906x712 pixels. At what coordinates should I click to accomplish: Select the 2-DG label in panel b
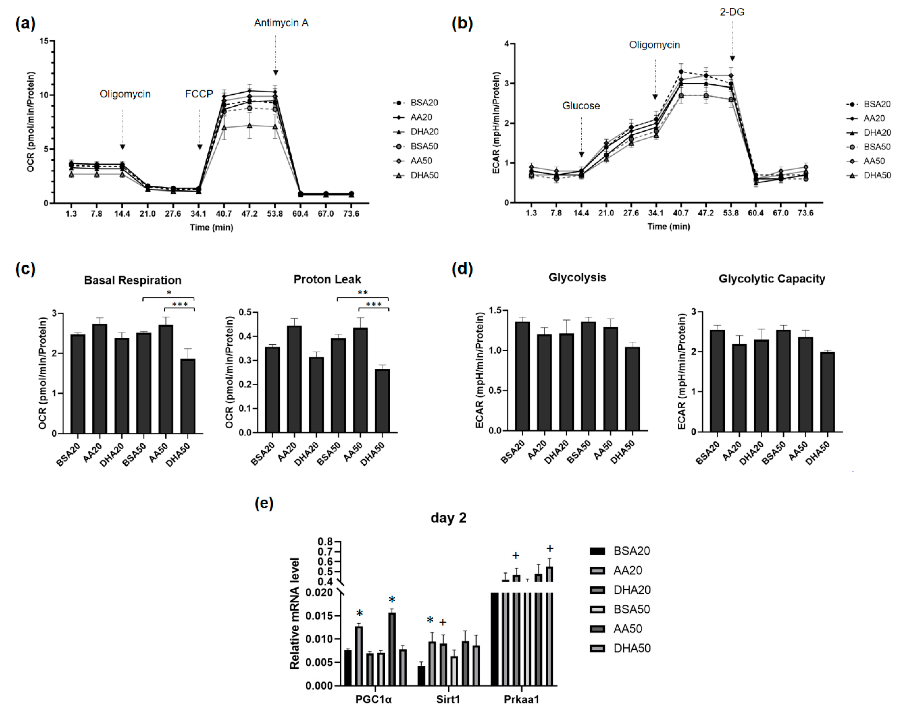pos(732,12)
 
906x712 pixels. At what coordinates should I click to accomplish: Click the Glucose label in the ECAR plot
pos(581,106)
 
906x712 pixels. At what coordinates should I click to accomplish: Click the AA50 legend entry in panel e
pos(627,629)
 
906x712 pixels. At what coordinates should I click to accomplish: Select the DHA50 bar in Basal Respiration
pos(188,396)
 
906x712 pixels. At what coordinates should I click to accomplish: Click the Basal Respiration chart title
pos(132,280)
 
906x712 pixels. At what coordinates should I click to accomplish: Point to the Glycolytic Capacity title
pos(772,279)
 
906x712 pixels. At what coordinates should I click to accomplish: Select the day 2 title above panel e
pos(448,518)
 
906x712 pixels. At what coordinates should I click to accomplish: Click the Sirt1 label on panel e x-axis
pos(448,699)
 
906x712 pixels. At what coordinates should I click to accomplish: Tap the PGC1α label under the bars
pos(373,699)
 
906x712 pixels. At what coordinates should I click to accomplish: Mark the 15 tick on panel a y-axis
pos(44,41)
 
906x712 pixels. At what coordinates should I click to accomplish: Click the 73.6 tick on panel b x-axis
pos(805,213)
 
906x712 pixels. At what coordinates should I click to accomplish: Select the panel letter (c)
pos(25,269)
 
